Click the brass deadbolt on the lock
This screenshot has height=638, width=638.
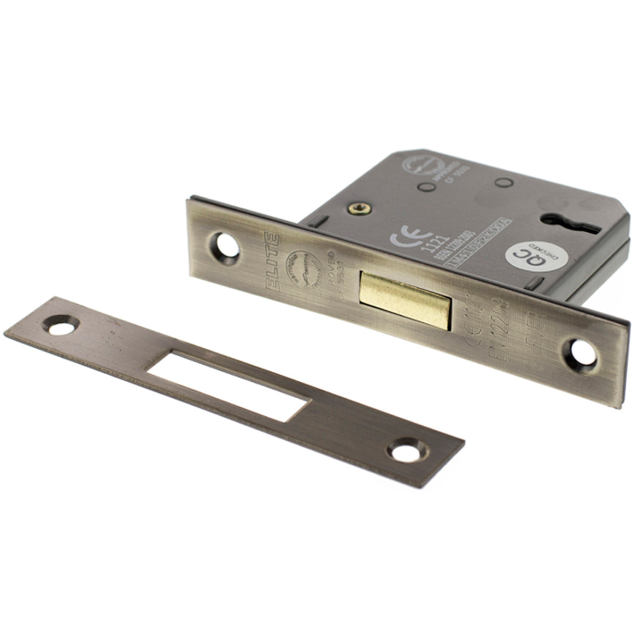tap(406, 298)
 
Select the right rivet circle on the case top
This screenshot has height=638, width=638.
tap(499, 182)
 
